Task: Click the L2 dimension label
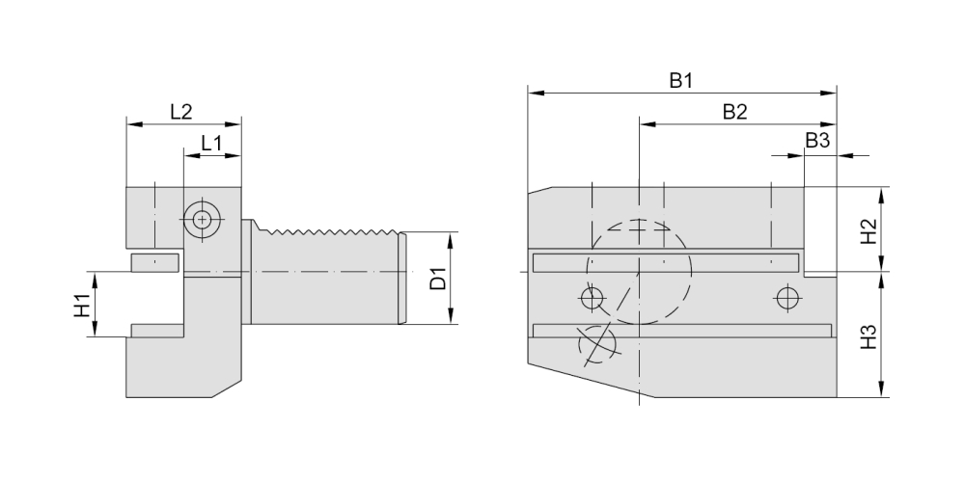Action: [181, 112]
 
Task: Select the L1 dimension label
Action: [211, 144]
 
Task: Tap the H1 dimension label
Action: [82, 306]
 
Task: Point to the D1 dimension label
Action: [437, 279]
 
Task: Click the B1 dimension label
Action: [681, 81]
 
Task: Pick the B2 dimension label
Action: [734, 112]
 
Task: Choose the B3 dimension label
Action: [817, 141]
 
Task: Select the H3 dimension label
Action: [868, 336]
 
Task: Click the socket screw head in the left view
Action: [202, 220]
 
